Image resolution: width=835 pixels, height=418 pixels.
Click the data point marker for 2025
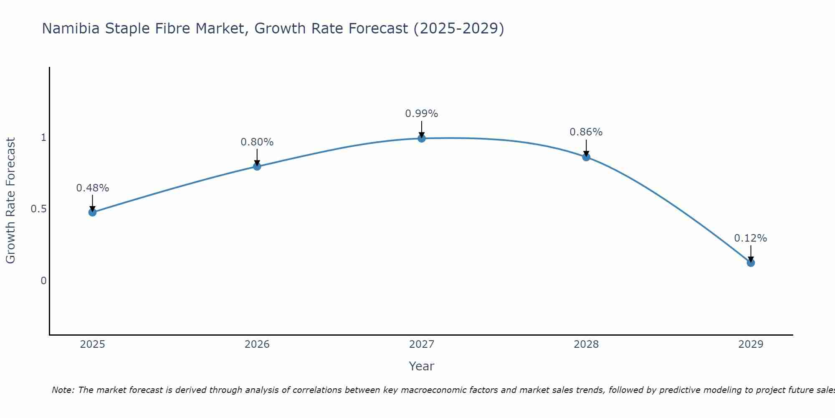point(92,212)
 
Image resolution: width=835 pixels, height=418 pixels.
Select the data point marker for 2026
point(257,166)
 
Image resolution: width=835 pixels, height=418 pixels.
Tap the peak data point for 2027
point(422,138)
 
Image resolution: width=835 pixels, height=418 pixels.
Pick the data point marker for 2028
point(586,157)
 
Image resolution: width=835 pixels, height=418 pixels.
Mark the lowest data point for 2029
point(751,263)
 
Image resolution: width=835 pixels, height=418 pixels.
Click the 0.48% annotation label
point(92,188)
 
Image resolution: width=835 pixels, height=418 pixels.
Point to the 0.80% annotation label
point(257,142)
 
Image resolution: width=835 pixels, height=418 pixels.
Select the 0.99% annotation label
point(422,114)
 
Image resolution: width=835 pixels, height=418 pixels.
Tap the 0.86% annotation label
point(586,132)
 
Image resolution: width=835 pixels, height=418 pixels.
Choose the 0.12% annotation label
point(751,238)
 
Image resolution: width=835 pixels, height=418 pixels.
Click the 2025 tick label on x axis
point(92,344)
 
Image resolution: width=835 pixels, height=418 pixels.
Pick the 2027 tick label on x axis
point(422,344)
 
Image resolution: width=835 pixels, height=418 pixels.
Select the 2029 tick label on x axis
point(751,344)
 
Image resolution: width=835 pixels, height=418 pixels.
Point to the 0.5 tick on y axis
point(38,209)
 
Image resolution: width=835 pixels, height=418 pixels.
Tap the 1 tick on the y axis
point(43,138)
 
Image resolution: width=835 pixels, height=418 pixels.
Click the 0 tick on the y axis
point(43,281)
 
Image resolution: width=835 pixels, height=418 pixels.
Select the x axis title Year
point(422,366)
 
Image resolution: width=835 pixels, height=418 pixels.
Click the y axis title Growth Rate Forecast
point(10,201)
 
